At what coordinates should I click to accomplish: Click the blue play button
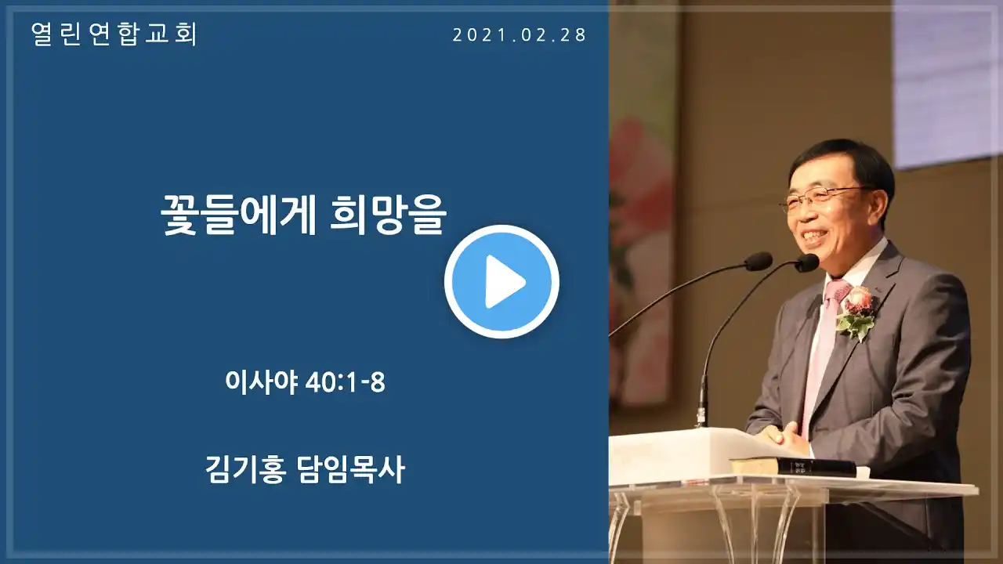tap(501, 281)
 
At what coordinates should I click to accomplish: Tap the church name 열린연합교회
tap(114, 34)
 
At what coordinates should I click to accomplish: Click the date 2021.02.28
tap(520, 35)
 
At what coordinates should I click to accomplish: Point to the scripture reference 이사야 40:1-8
tap(305, 383)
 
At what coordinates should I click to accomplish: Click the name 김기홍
tap(245, 469)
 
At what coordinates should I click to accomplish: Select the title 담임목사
tap(351, 469)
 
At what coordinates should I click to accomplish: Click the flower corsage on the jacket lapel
tap(856, 313)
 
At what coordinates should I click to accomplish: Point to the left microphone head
tap(759, 261)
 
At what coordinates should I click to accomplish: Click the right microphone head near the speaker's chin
tap(807, 262)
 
